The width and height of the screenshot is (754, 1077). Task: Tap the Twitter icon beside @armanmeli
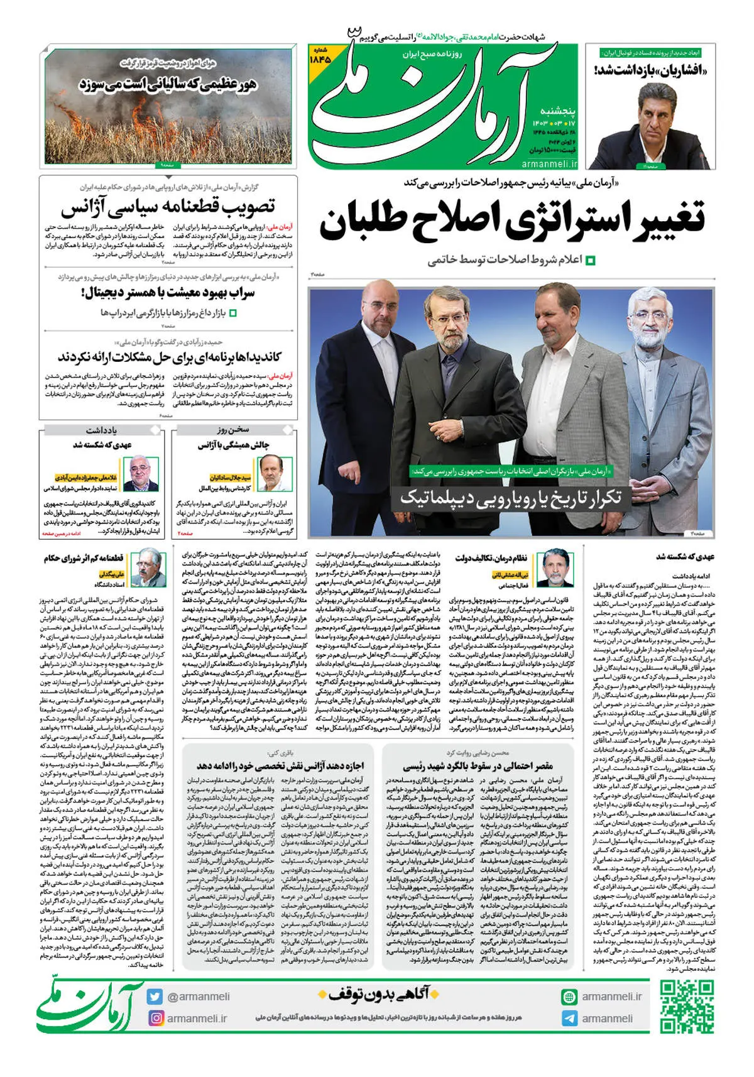(155, 997)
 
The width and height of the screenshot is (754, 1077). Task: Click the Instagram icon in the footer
(156, 1018)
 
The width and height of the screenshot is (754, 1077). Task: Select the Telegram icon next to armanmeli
(569, 1019)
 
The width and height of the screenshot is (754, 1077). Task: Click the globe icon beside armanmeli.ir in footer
(569, 997)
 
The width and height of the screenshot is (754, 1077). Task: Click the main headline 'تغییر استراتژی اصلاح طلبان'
(512, 220)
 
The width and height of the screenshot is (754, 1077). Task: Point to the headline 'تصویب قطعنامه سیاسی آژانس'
(168, 207)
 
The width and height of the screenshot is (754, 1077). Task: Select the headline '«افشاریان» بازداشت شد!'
(651, 69)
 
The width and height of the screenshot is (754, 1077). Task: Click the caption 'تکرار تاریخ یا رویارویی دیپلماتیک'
(510, 498)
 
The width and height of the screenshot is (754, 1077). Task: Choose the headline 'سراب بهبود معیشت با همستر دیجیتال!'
(168, 293)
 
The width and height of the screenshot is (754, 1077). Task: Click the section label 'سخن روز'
(233, 430)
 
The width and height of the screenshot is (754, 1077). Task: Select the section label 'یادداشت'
(101, 430)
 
